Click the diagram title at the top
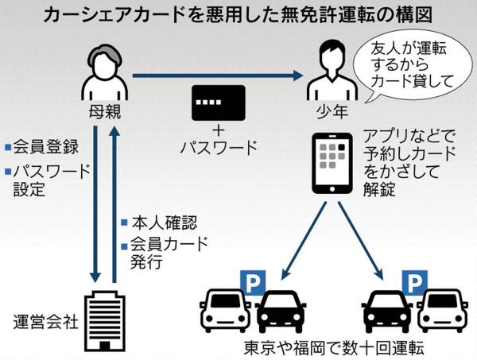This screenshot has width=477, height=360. pos(238,14)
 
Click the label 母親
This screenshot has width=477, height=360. pos(104,112)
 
